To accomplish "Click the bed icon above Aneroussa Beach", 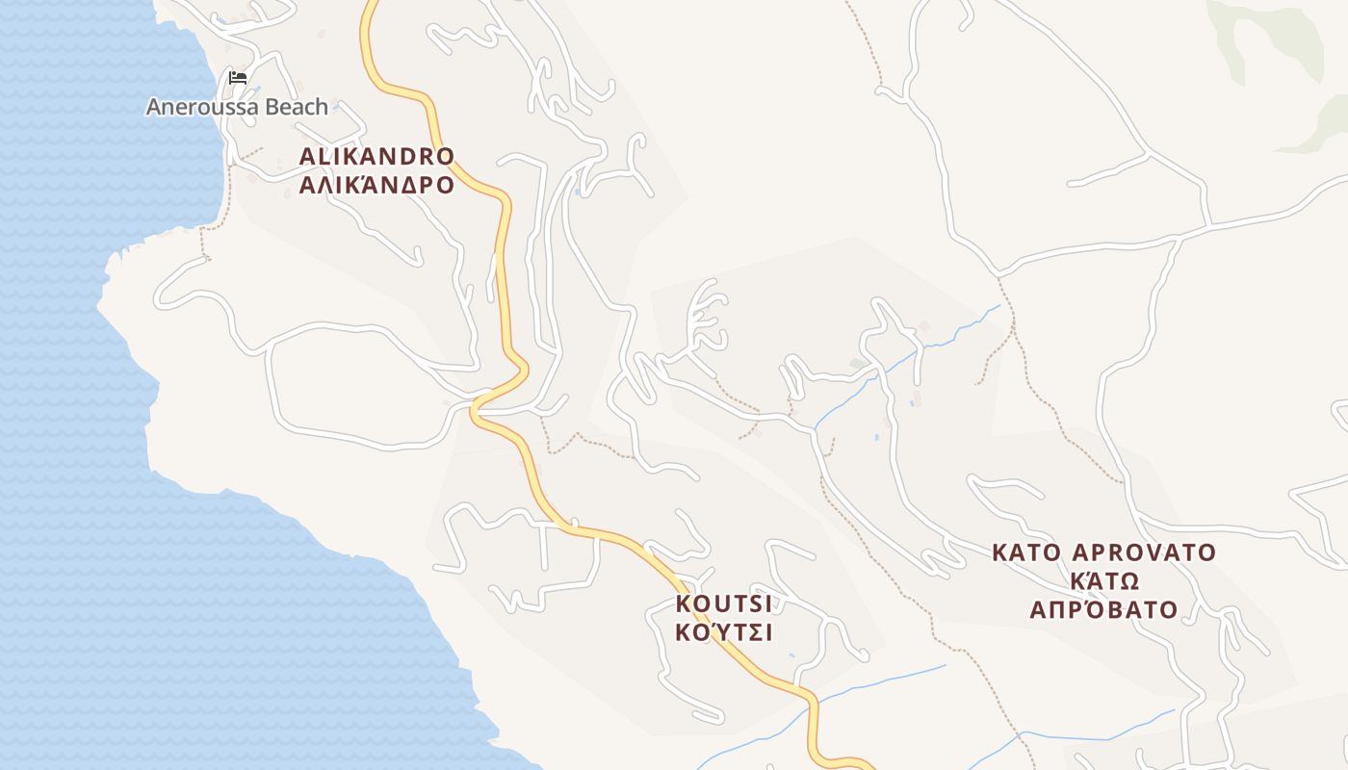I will click(238, 77).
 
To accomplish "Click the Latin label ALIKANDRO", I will click(376, 156).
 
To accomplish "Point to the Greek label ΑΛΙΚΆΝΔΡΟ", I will click(376, 185).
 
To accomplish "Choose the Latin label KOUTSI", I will click(724, 604).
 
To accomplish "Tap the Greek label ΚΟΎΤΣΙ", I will click(724, 633).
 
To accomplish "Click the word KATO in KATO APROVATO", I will click(1026, 553).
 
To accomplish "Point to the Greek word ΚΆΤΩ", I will click(1104, 580).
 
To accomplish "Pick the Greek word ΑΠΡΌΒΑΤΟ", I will click(1104, 609).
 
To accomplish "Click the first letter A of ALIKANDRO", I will click(307, 156).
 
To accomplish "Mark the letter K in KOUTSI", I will click(684, 604).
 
